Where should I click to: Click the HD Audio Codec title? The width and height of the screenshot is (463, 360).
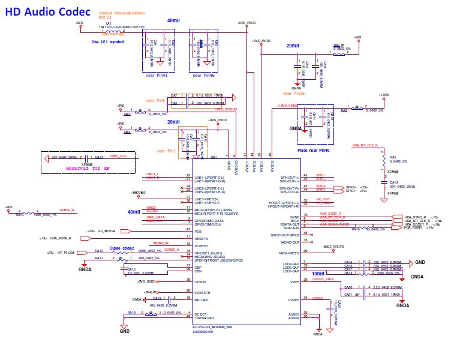pos(48,11)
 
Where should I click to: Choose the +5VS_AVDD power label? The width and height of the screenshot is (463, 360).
pos(261,41)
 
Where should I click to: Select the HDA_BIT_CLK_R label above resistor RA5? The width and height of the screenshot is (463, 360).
pos(365,145)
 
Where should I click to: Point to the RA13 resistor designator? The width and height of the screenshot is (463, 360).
pos(19,214)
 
